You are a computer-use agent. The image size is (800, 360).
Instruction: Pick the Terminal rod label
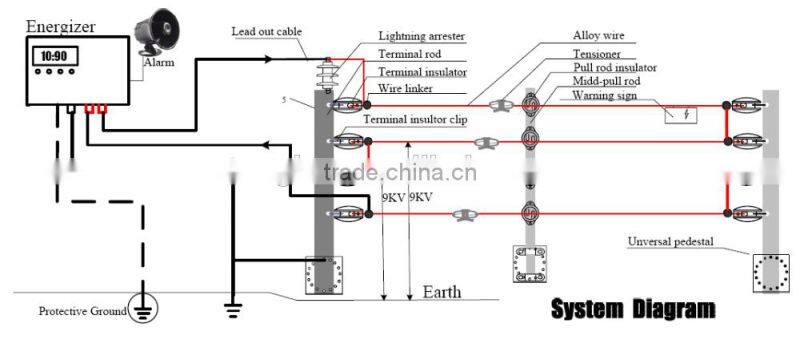tap(408, 53)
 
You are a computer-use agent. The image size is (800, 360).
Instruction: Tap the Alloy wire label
tap(599, 35)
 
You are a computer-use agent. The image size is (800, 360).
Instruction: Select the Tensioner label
tap(597, 53)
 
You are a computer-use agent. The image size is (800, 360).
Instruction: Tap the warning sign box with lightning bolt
tap(684, 114)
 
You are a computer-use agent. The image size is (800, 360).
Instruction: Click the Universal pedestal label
tap(675, 241)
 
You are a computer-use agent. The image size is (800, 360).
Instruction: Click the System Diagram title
tap(633, 308)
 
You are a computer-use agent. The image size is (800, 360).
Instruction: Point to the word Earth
tap(442, 292)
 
